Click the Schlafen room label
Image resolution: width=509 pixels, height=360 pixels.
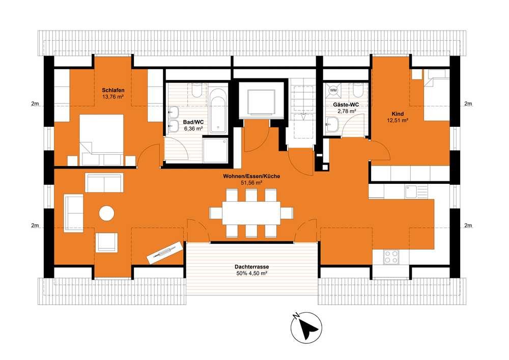pyautogui.click(x=113, y=90)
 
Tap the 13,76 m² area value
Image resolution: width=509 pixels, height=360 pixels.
pyautogui.click(x=113, y=96)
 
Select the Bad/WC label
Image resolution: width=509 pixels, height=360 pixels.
pyautogui.click(x=193, y=122)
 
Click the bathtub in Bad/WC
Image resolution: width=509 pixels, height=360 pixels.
pyautogui.click(x=218, y=110)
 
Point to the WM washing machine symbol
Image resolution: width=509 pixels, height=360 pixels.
pyautogui.click(x=333, y=90)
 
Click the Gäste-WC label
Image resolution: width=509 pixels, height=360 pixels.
pyautogui.click(x=346, y=105)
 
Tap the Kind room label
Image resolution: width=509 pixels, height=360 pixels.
pyautogui.click(x=398, y=114)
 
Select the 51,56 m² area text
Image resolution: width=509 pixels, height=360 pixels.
pyautogui.click(x=251, y=183)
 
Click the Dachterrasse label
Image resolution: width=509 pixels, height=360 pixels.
pyautogui.click(x=251, y=267)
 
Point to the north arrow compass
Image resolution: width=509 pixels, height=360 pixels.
pyautogui.click(x=306, y=327)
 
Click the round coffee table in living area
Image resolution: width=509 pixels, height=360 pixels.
pyautogui.click(x=106, y=213)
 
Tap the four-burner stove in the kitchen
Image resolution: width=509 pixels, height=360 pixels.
pyautogui.click(x=391, y=257)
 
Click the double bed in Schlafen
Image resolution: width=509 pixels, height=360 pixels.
pyautogui.click(x=101, y=140)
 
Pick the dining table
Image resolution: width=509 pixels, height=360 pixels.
pyautogui.click(x=251, y=213)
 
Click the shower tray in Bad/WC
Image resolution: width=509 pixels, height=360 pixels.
pyautogui.click(x=215, y=150)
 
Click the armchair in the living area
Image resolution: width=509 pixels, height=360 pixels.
pyautogui.click(x=106, y=242)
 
